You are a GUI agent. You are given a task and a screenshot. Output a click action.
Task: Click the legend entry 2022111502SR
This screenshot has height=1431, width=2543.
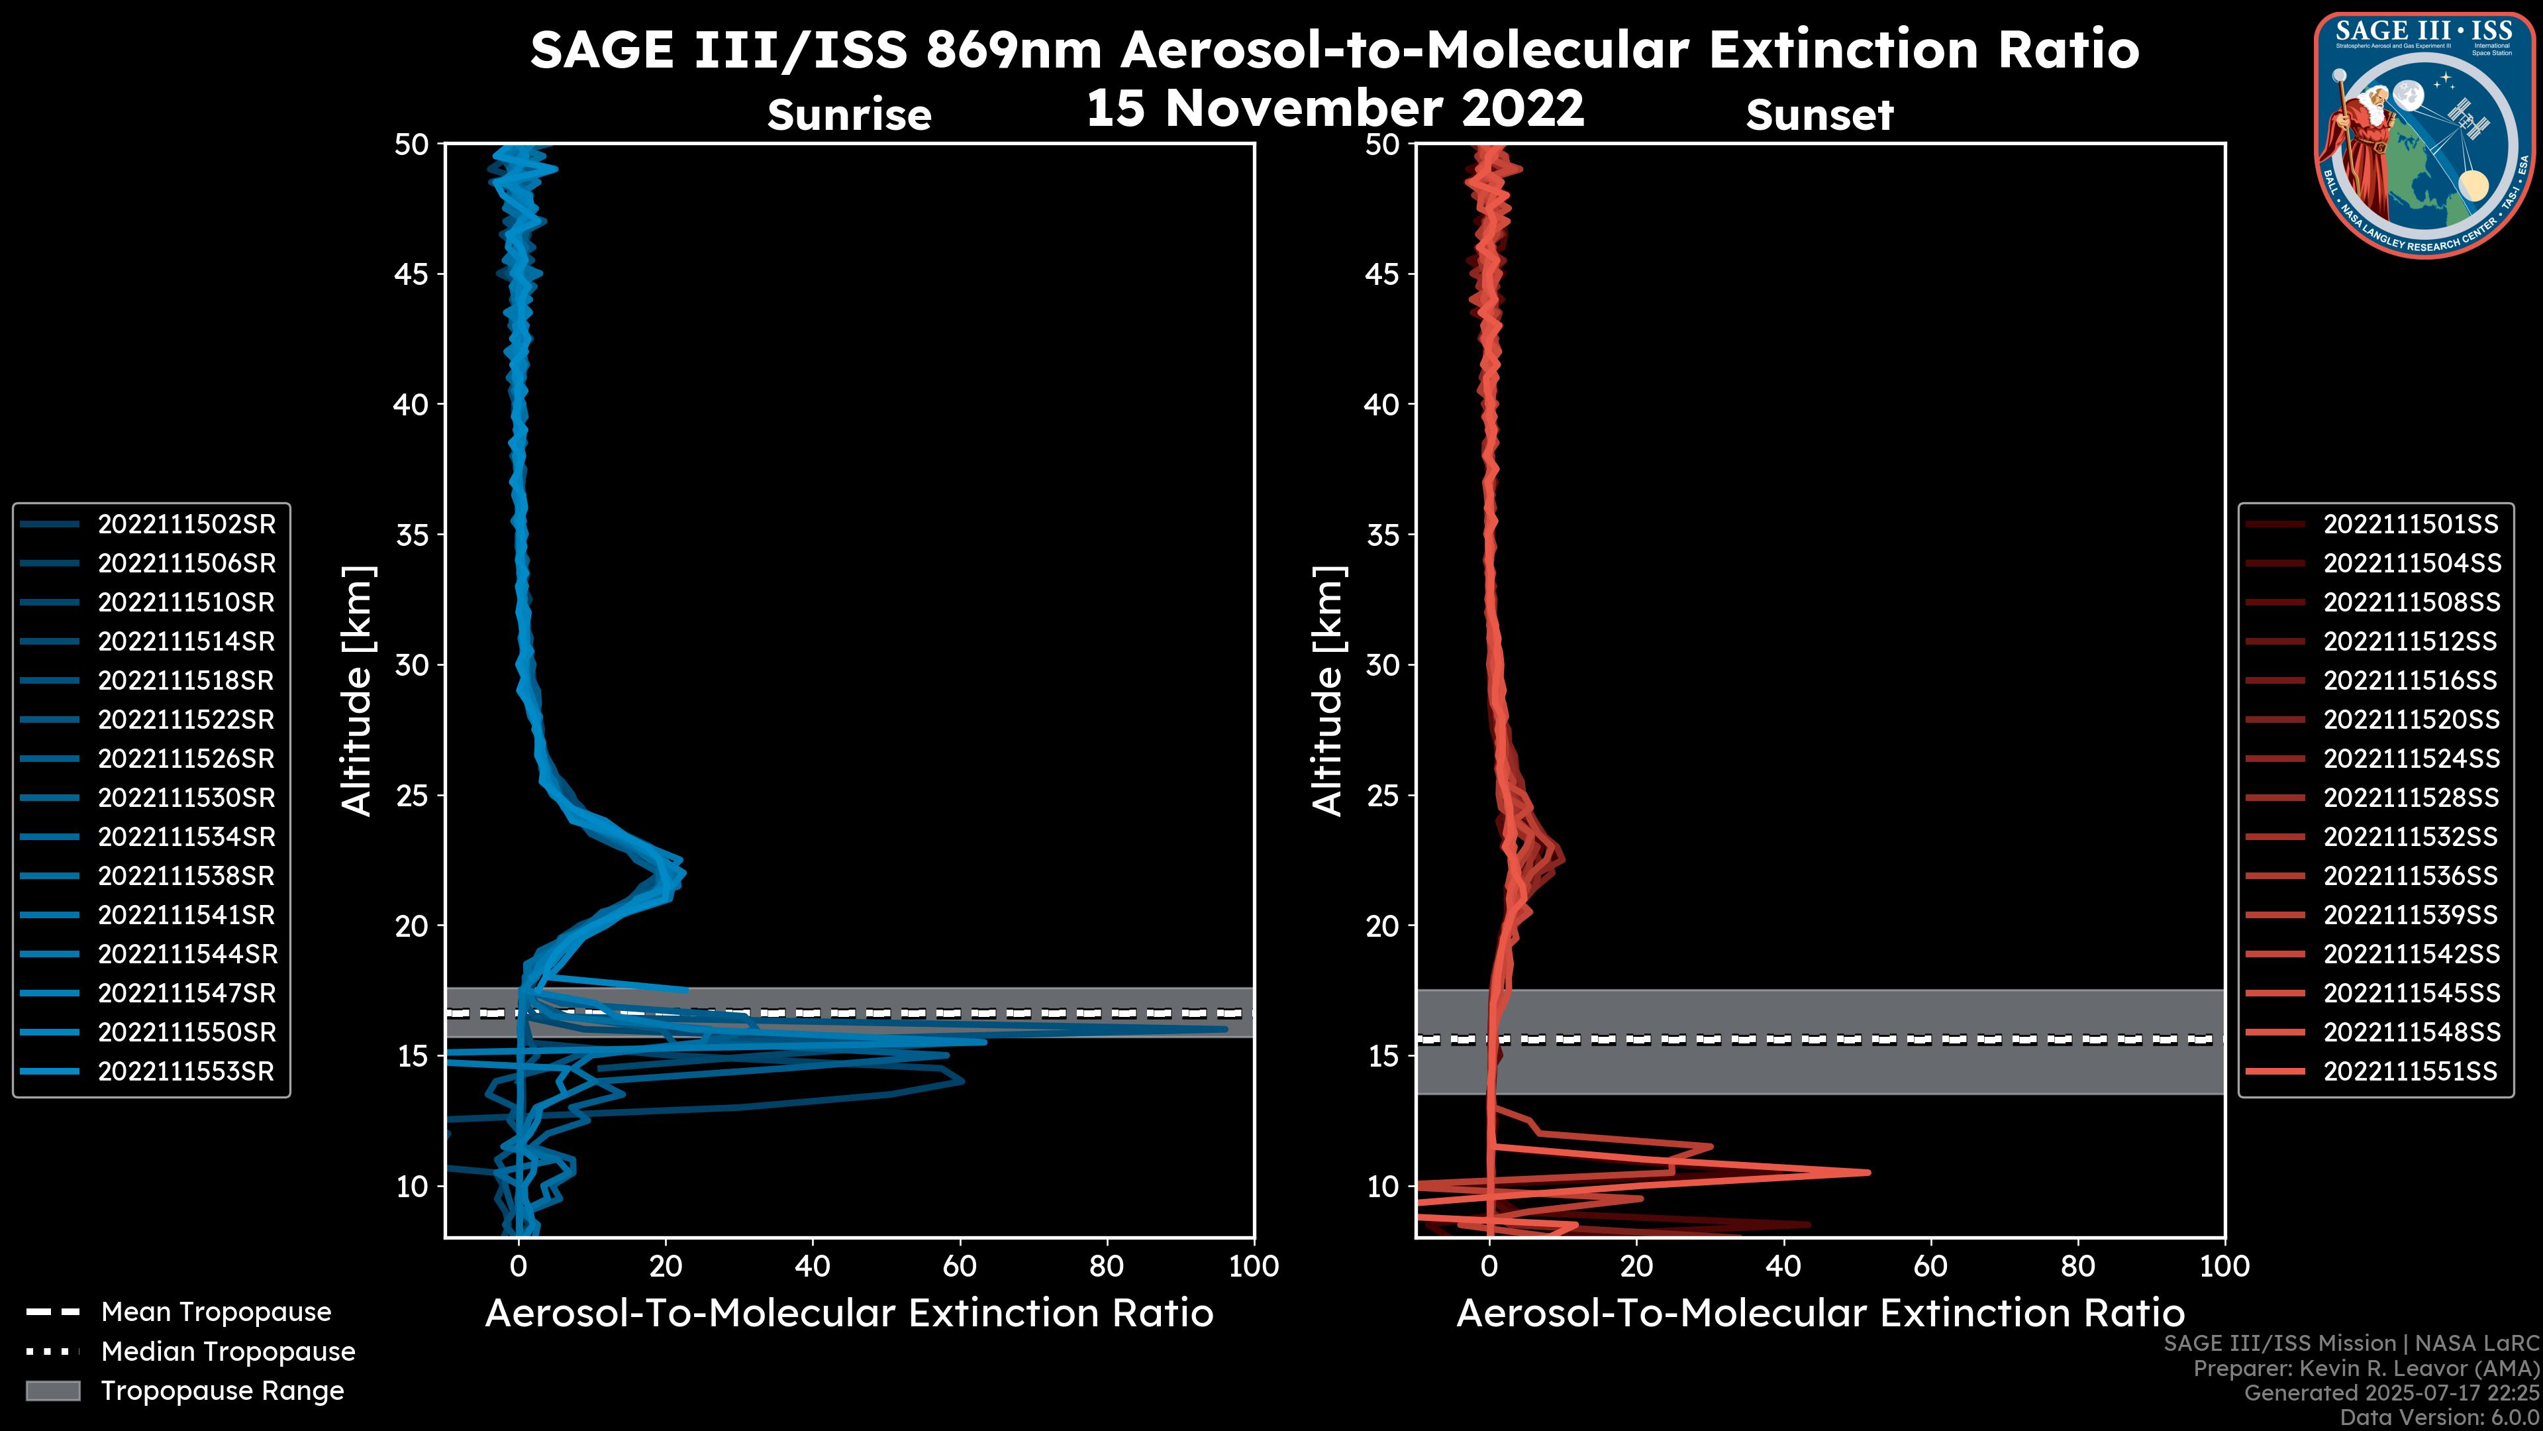click(185, 525)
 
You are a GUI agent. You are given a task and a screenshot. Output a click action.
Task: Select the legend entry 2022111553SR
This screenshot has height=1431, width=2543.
click(185, 1071)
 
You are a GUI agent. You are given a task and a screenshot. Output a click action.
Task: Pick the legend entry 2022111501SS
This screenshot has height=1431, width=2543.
click(2410, 525)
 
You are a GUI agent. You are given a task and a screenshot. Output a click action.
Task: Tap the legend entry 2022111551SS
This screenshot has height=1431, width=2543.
click(2410, 1071)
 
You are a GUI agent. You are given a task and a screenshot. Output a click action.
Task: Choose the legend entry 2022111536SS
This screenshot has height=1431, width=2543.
click(2410, 876)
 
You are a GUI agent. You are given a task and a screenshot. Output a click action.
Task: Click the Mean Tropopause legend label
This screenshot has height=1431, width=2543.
click(216, 1312)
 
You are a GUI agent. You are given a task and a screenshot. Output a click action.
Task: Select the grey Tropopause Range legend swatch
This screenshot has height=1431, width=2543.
click(52, 1391)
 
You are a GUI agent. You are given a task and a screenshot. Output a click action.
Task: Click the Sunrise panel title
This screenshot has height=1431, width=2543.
click(849, 115)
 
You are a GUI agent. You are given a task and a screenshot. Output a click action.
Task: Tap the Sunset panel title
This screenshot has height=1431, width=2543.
click(1819, 115)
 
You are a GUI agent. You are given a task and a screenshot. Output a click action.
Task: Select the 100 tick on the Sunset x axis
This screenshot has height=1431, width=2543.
click(2224, 1266)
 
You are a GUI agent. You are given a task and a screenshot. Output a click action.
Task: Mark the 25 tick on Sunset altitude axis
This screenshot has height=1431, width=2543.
click(1383, 795)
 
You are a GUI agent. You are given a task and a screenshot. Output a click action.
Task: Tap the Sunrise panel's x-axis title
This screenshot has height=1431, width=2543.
click(849, 1314)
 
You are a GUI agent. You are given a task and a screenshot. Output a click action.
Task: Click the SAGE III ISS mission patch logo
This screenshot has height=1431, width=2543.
click(2422, 134)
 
